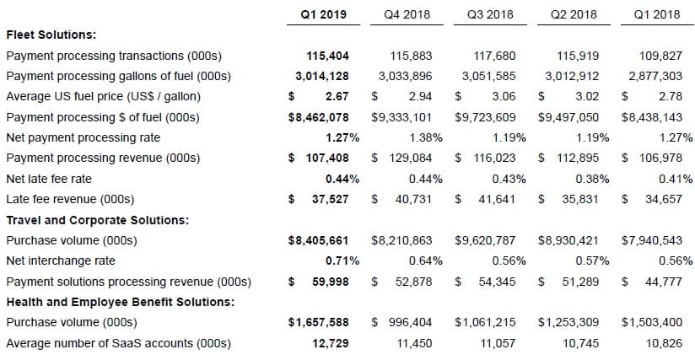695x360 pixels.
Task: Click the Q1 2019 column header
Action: point(324,14)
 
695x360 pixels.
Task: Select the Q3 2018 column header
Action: point(490,14)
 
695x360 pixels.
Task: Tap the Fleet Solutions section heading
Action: point(51,35)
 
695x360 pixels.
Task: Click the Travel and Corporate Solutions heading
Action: point(98,220)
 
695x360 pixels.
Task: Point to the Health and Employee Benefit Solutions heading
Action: point(120,302)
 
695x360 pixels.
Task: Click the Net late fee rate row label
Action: point(49,179)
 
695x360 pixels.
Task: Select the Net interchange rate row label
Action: point(61,261)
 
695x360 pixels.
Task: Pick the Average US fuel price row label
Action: point(103,96)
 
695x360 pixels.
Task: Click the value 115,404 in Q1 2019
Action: point(327,56)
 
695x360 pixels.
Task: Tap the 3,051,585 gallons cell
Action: point(489,76)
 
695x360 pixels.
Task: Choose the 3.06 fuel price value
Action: point(504,96)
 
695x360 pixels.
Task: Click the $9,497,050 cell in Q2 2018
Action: point(568,117)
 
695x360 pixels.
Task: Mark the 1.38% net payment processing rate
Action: point(426,137)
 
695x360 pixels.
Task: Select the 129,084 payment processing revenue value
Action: point(411,159)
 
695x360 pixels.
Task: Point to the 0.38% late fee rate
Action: point(593,179)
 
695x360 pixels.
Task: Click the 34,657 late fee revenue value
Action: point(664,199)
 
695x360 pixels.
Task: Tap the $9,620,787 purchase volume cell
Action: point(485,240)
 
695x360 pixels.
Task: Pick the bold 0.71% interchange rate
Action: point(342,261)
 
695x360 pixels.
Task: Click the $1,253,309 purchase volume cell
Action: point(568,322)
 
